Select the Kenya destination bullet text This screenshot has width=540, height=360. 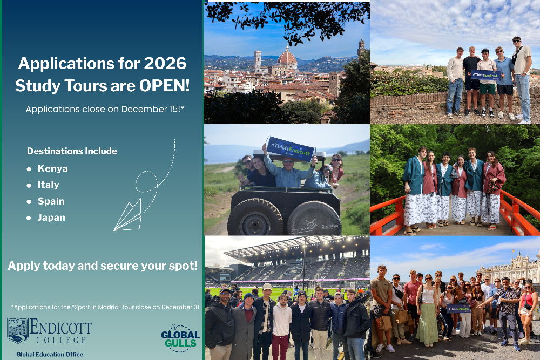pyautogui.click(x=53, y=168)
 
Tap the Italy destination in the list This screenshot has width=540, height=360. pyautogui.click(x=49, y=185)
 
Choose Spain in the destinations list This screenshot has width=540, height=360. pyautogui.click(x=51, y=201)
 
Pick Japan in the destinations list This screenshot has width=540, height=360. pyautogui.click(x=51, y=218)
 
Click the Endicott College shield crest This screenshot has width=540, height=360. pyautogui.click(x=17, y=330)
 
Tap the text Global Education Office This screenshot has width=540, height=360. pyautogui.click(x=50, y=354)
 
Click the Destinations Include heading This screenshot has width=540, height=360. pyautogui.click(x=72, y=151)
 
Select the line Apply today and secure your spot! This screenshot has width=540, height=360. pyautogui.click(x=103, y=266)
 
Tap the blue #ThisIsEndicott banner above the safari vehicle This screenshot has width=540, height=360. pyautogui.click(x=291, y=148)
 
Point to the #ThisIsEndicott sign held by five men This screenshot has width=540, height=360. pyautogui.click(x=486, y=74)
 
